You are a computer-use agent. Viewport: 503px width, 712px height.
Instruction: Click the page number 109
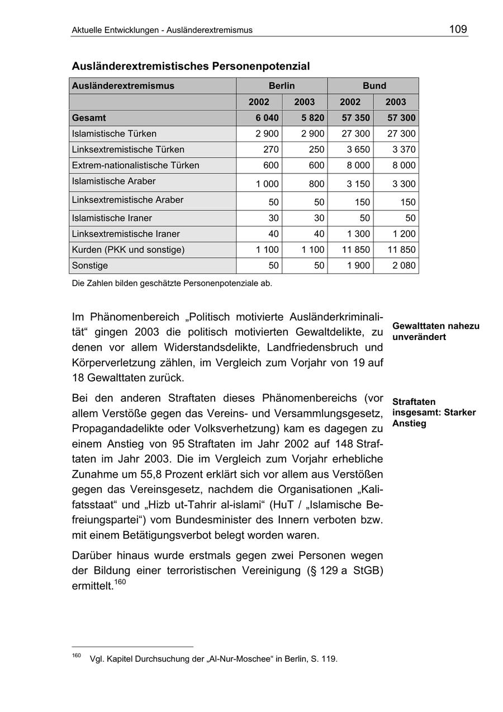point(458,30)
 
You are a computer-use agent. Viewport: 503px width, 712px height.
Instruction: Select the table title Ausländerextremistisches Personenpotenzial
point(191,66)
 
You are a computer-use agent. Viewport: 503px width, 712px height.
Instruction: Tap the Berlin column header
point(282,86)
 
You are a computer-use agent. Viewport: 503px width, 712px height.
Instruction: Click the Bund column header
point(374,86)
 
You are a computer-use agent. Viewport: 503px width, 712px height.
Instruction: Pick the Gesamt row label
point(89,118)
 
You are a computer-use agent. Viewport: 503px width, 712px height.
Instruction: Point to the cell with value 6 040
point(267,118)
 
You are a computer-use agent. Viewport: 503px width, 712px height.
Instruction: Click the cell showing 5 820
point(312,118)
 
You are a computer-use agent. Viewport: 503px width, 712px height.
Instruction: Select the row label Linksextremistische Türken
point(128,149)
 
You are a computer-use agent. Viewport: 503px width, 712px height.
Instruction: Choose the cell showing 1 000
point(267,184)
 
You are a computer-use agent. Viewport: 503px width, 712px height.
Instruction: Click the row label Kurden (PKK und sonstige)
point(128,249)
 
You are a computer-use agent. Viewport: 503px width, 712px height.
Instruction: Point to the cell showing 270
point(271,149)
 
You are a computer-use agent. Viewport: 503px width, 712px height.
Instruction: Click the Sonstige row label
point(90,266)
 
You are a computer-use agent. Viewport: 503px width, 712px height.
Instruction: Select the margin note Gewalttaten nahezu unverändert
point(435,332)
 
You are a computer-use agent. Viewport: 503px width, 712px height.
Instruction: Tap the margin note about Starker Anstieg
point(434,413)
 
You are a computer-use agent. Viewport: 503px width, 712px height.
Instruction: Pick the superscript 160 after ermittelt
point(120,582)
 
